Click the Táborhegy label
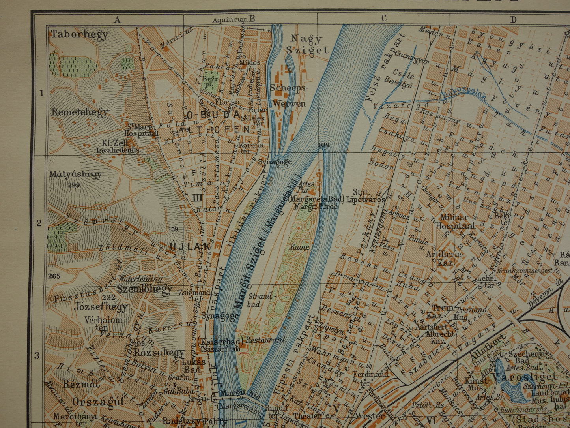(79, 34)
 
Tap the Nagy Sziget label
(307, 44)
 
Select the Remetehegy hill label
(80, 112)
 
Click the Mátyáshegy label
(75, 174)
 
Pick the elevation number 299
(74, 185)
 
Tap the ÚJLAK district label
(190, 247)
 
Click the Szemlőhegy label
(145, 289)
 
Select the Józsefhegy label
(101, 306)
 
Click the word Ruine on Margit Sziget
(299, 247)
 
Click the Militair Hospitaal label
(455, 222)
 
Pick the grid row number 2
(39, 223)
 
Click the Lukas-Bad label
(193, 366)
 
